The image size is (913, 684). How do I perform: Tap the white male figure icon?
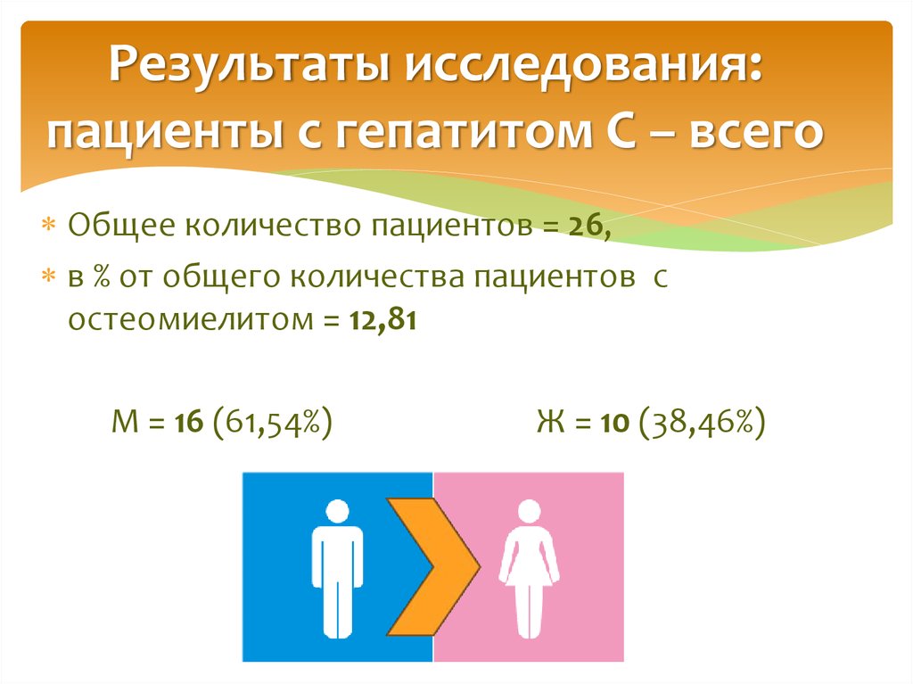click(x=337, y=570)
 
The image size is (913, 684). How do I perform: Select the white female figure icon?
click(x=529, y=570)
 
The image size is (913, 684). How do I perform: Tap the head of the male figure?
click(x=337, y=511)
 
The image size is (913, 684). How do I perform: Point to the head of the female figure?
click(x=529, y=511)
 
